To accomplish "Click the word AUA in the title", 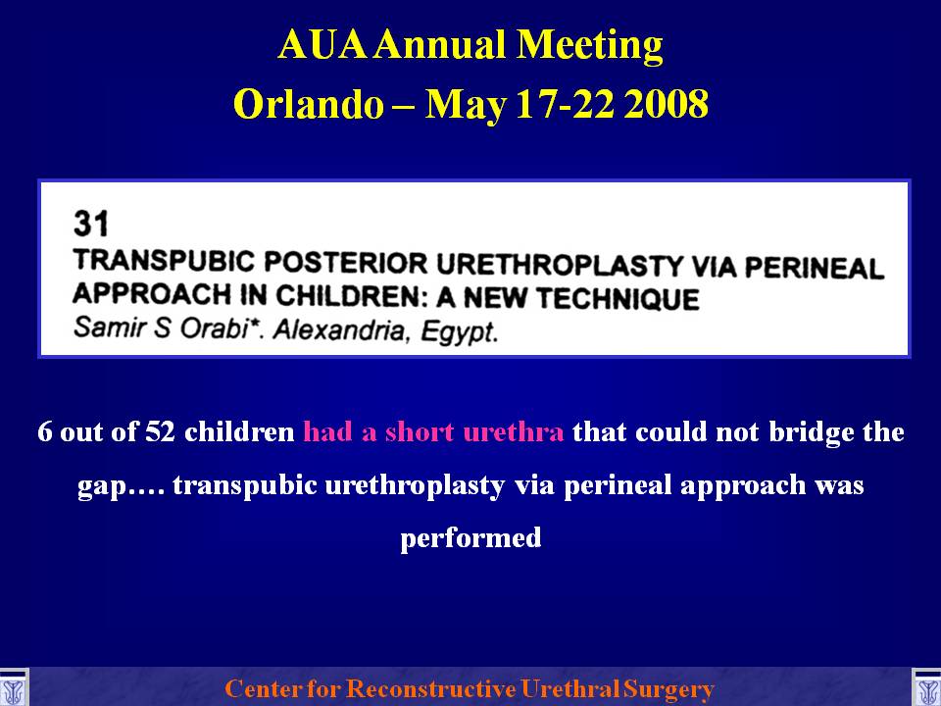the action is click(322, 44).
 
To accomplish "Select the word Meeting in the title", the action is click(590, 46).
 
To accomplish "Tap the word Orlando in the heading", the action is click(309, 103).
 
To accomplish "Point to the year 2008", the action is click(667, 103).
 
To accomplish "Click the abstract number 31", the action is click(91, 224).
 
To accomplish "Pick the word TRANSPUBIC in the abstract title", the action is click(163, 262).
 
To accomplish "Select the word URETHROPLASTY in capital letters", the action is click(561, 265).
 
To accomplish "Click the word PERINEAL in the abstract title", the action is click(815, 267).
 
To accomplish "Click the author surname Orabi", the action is click(216, 328).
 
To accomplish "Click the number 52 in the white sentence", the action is click(160, 431).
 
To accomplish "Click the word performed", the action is click(471, 538).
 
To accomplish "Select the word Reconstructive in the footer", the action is click(430, 688).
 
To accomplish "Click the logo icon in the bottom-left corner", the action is click(14, 688).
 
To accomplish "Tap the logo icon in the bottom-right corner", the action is click(926, 688).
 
